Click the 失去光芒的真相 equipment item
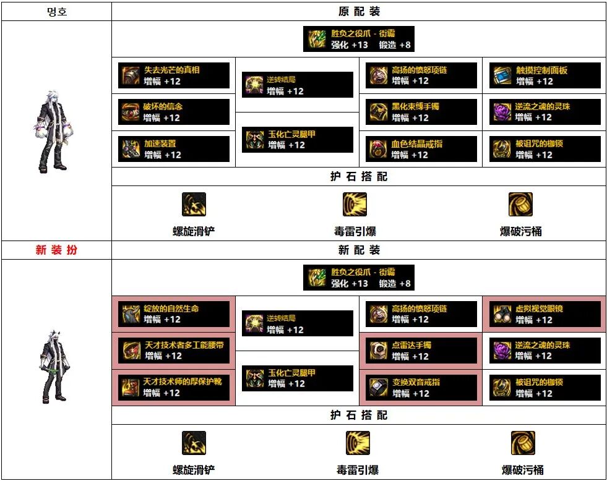[174, 75]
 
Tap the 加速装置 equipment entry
[174, 149]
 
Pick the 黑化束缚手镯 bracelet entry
[421, 112]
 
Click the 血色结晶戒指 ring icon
[379, 149]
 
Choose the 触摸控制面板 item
[545, 75]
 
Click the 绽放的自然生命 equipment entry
[174, 314]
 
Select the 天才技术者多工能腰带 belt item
[174, 351]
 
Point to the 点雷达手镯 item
[421, 351]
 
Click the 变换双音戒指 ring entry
[421, 388]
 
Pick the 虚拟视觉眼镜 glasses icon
[502, 314]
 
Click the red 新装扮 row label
[56, 250]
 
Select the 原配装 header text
[359, 12]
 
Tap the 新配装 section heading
[359, 250]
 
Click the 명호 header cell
[56, 12]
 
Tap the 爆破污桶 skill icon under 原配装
[520, 205]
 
